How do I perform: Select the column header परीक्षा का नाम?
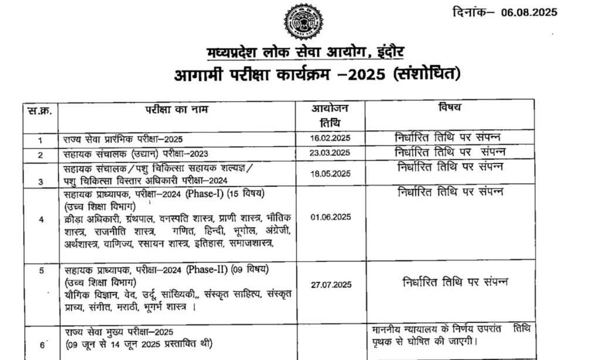click(176, 108)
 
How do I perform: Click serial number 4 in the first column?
click(41, 220)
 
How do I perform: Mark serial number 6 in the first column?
click(42, 344)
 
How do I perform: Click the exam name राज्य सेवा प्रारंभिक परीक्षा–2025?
click(124, 139)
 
